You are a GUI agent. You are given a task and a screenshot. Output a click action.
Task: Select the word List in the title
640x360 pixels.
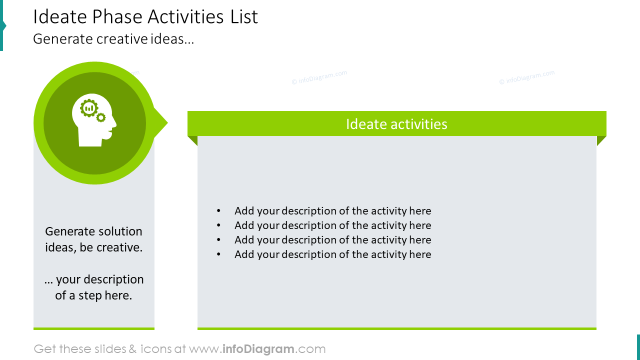(244, 17)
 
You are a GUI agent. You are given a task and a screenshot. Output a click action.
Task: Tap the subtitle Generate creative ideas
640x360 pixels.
(113, 39)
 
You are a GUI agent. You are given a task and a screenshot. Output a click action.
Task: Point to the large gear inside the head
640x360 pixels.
(89, 108)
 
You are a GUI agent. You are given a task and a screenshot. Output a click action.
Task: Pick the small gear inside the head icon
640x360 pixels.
(101, 117)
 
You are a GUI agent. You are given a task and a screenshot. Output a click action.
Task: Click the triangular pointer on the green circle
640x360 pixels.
(161, 123)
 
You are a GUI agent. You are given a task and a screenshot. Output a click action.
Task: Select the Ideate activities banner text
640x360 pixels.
(396, 124)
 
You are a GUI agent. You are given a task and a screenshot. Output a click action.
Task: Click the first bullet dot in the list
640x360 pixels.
(218, 211)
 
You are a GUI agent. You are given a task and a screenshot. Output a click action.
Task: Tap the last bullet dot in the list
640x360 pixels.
(218, 254)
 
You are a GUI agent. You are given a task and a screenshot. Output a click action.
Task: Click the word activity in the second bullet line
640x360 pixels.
(388, 225)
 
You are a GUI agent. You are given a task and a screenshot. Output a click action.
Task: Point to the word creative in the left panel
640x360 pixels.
(120, 247)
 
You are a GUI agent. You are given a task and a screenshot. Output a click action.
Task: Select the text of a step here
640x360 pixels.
(93, 295)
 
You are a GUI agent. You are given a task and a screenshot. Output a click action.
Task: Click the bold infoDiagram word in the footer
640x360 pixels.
(257, 349)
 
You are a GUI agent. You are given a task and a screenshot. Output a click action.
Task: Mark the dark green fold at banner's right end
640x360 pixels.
(601, 140)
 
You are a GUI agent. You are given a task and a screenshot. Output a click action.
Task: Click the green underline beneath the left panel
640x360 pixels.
(94, 328)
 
